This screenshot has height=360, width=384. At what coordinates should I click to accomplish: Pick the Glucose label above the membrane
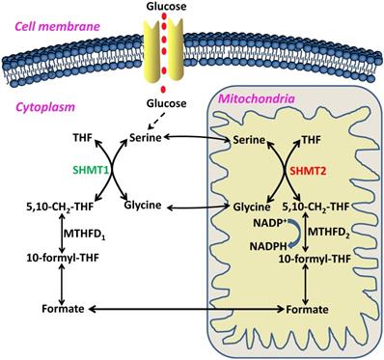168,7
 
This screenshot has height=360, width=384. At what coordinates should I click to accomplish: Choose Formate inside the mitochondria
310,308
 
